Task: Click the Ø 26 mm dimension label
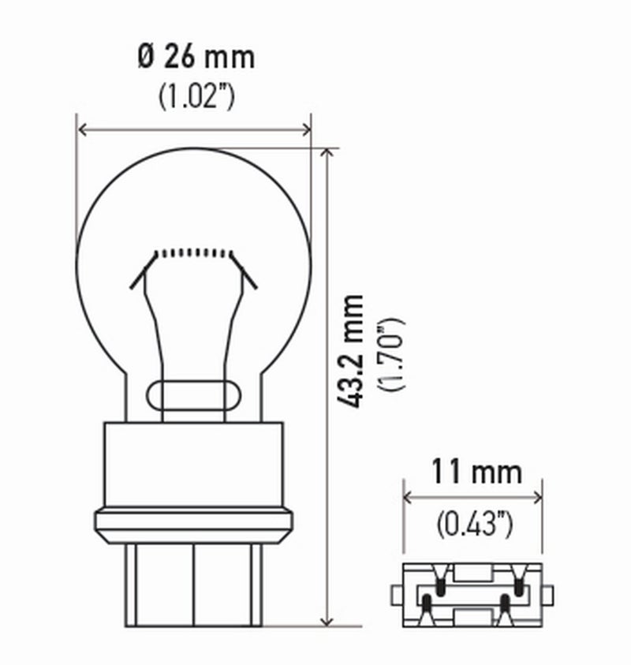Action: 196,57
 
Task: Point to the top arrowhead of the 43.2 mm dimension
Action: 327,153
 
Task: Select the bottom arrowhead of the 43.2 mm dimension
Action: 327,621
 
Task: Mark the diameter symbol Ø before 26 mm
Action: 146,57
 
